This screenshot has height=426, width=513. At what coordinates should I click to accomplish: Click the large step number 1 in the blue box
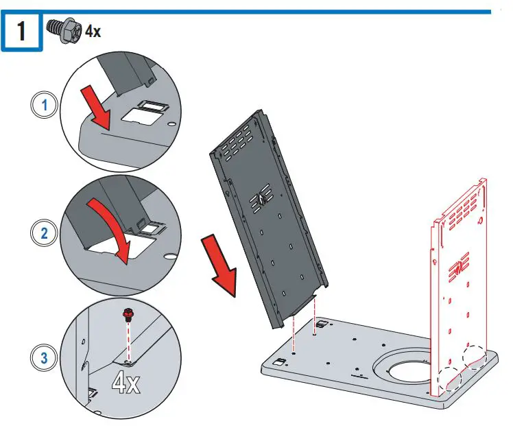[x=21, y=31]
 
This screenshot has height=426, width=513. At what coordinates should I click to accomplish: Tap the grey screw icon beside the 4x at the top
[x=65, y=30]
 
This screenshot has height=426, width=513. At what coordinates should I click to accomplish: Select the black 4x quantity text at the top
[x=93, y=31]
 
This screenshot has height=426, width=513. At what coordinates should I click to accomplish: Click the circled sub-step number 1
[x=45, y=105]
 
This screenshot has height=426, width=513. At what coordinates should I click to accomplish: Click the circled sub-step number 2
[x=44, y=233]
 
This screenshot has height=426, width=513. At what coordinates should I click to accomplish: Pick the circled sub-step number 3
[x=44, y=357]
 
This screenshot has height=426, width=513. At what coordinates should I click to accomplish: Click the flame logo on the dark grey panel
[x=261, y=198]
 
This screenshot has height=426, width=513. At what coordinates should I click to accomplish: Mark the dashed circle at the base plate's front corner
[x=449, y=379]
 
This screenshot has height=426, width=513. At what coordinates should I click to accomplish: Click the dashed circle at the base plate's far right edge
[x=475, y=357]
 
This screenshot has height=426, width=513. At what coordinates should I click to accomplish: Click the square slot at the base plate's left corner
[x=280, y=362]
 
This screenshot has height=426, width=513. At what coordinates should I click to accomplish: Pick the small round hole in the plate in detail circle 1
[x=171, y=124]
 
